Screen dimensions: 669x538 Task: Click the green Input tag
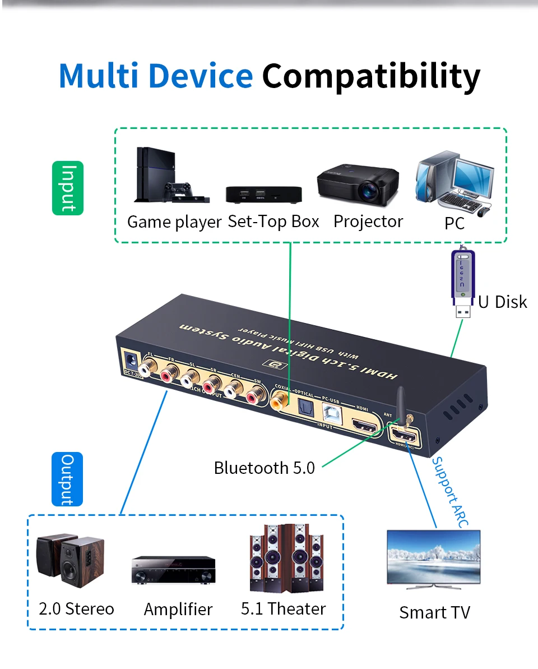pyautogui.click(x=68, y=188)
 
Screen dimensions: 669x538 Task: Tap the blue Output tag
pyautogui.click(x=67, y=479)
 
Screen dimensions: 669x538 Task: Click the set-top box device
pyautogui.click(x=263, y=194)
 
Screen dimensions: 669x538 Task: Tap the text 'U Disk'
pyautogui.click(x=502, y=302)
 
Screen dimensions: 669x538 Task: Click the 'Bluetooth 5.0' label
pyautogui.click(x=265, y=467)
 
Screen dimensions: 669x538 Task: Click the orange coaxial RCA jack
pyautogui.click(x=278, y=402)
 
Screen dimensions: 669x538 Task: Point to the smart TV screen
pyautogui.click(x=434, y=552)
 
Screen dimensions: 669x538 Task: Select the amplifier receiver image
pyautogui.click(x=174, y=570)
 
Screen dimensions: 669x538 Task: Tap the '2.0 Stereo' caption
pyautogui.click(x=76, y=608)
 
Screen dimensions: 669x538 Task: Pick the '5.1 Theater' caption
pyautogui.click(x=283, y=608)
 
